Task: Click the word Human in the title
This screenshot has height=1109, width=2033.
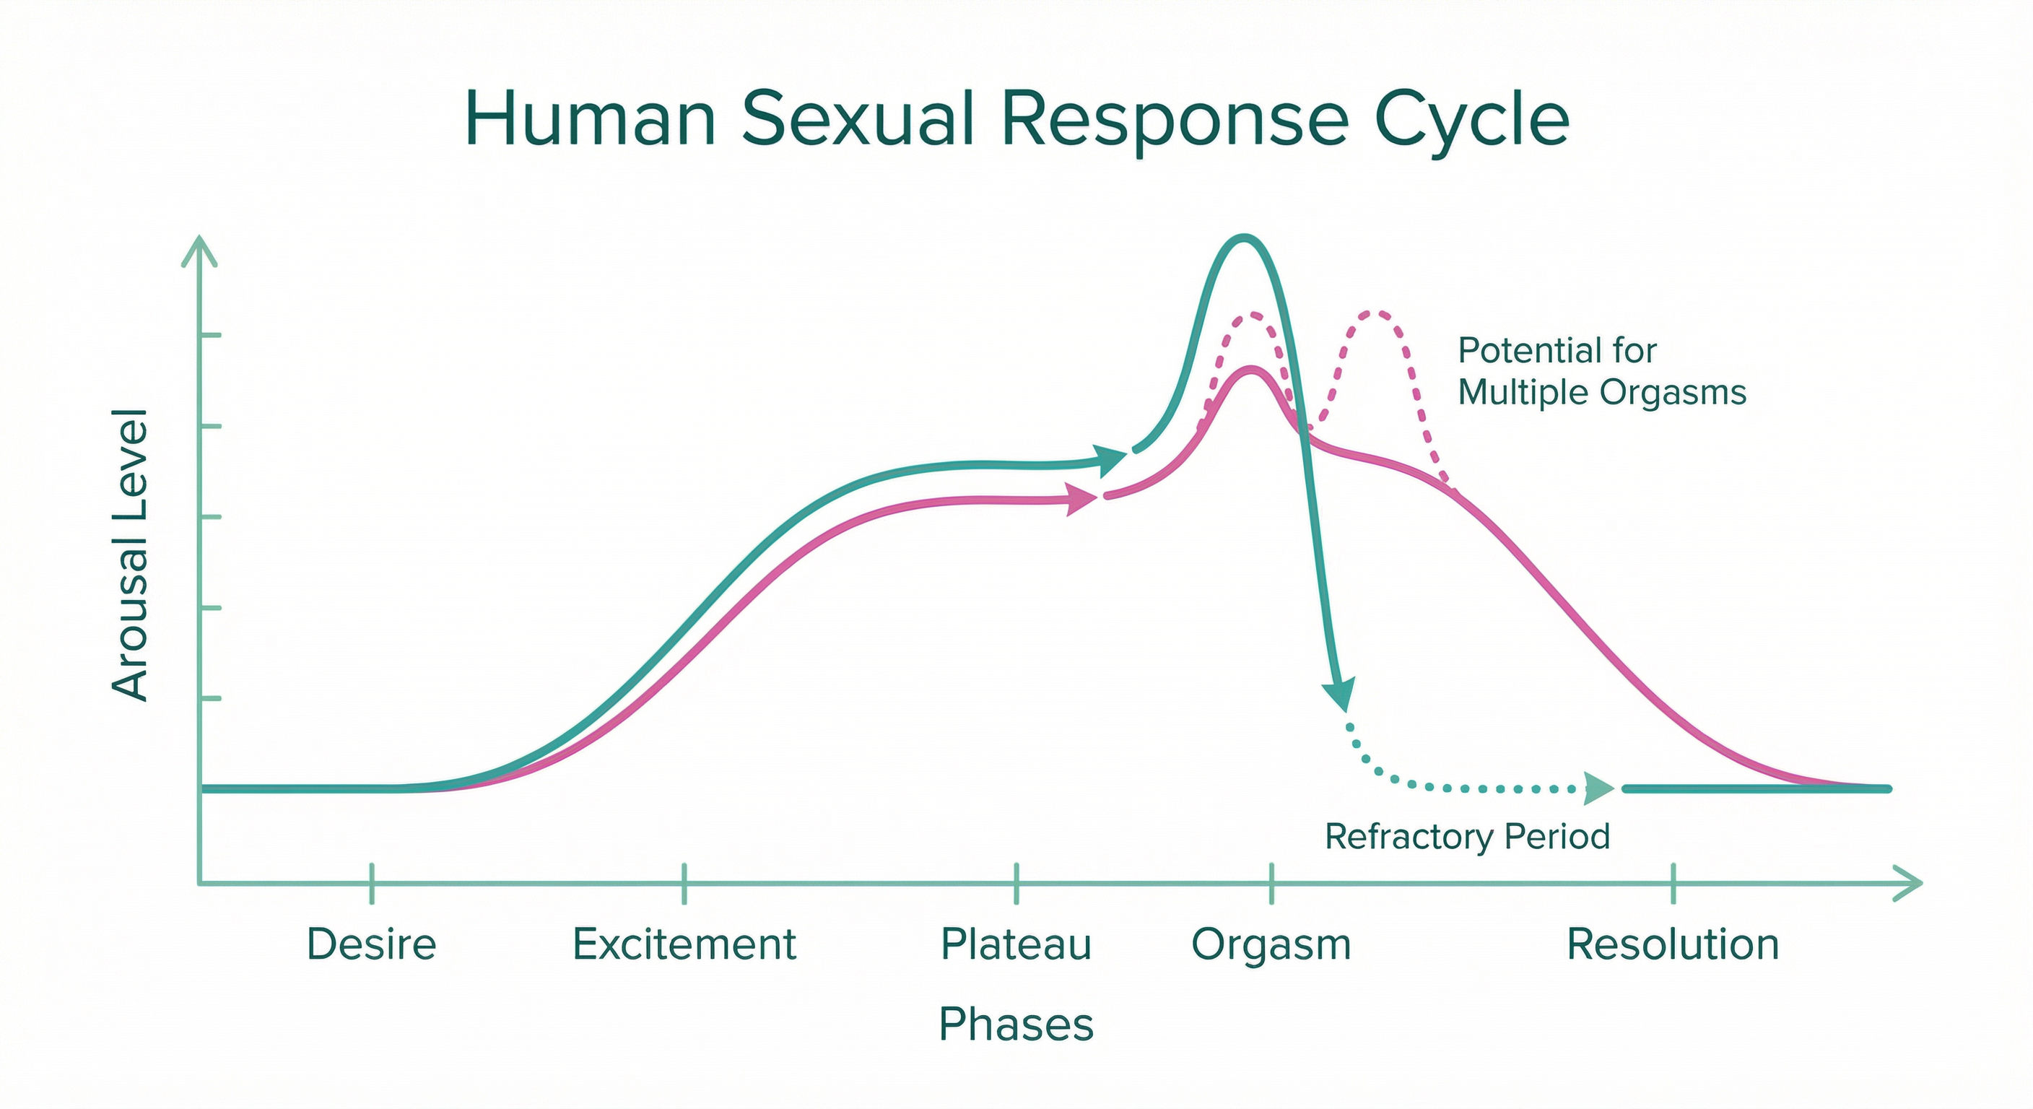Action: click(x=591, y=120)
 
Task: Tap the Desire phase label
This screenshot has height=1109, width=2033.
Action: click(x=371, y=944)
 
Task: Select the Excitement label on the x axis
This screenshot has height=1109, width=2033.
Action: click(x=684, y=944)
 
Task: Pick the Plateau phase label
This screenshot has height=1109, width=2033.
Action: click(x=1016, y=944)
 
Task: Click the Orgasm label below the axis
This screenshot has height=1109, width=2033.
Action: click(x=1271, y=946)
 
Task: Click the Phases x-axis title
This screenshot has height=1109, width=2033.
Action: click(x=1016, y=1025)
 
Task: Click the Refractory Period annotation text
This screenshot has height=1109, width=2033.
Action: click(x=1466, y=837)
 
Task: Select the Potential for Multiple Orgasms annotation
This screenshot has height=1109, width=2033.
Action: click(x=1601, y=371)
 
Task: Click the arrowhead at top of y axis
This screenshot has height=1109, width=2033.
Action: click(x=200, y=248)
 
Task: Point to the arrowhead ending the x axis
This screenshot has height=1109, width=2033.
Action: click(x=1910, y=883)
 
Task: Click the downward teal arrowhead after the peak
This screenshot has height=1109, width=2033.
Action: click(x=1339, y=695)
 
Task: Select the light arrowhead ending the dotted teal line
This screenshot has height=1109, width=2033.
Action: click(x=1600, y=788)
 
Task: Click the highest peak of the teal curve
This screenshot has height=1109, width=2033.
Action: click(x=1244, y=238)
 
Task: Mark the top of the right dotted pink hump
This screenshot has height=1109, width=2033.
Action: click(x=1375, y=313)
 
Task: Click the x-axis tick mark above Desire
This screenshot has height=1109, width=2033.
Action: click(x=372, y=882)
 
